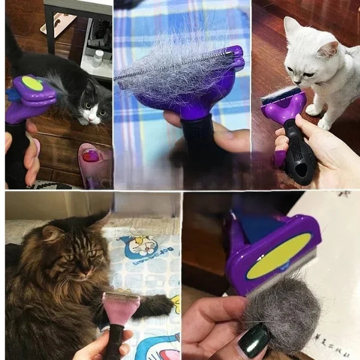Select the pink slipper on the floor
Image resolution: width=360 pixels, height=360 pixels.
(x=93, y=164)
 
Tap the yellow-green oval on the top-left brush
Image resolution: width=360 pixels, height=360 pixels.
(x=32, y=85)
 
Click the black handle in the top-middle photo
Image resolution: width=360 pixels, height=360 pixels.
(x=199, y=138)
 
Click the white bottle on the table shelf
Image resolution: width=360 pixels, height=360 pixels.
(x=98, y=58)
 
